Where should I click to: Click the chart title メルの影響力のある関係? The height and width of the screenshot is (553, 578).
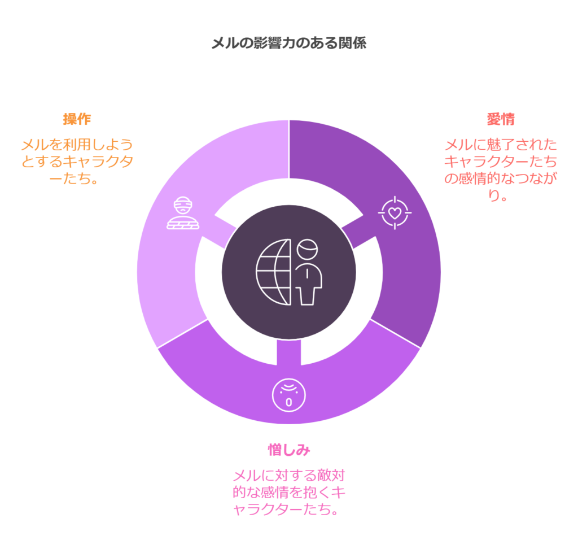point(289,43)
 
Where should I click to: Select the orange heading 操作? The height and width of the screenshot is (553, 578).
point(77,119)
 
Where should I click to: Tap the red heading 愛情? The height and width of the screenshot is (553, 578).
point(501,119)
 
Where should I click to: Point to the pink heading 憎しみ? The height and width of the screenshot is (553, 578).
point(289,450)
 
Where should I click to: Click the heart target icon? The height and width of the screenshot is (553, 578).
point(395,213)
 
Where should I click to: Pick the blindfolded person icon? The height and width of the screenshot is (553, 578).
point(183,213)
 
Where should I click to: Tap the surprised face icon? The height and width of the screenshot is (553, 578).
point(289,395)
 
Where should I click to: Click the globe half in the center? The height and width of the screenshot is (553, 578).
point(274,272)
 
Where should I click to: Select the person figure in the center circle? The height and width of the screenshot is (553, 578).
point(308,272)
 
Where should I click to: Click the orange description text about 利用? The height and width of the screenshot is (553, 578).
point(77,162)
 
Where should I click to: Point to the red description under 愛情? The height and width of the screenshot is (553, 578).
point(501,170)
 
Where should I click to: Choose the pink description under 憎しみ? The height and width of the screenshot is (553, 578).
point(289,493)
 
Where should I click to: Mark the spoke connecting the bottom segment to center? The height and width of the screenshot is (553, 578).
point(289,352)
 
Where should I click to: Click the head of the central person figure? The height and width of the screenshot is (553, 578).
point(308,249)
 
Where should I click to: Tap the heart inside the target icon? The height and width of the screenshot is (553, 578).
point(395,213)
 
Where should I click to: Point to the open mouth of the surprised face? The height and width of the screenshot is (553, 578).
point(289,402)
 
